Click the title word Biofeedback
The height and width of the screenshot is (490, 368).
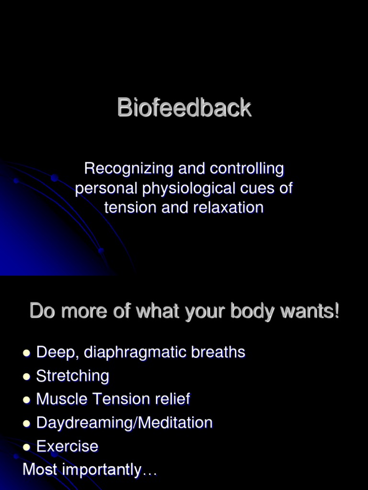pyautogui.click(x=184, y=108)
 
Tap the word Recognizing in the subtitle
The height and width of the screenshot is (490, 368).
pyautogui.click(x=128, y=169)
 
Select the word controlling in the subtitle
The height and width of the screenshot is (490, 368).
pyautogui.click(x=247, y=169)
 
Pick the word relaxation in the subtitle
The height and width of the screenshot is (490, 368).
pyautogui.click(x=229, y=208)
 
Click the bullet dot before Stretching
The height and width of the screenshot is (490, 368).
pyautogui.click(x=27, y=377)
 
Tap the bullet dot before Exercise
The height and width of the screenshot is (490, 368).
pyautogui.click(x=27, y=447)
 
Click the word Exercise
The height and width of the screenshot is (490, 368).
pyautogui.click(x=67, y=446)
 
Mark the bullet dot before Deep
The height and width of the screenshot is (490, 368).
pyautogui.click(x=27, y=353)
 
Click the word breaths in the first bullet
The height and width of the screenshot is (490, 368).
pyautogui.click(x=218, y=352)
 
